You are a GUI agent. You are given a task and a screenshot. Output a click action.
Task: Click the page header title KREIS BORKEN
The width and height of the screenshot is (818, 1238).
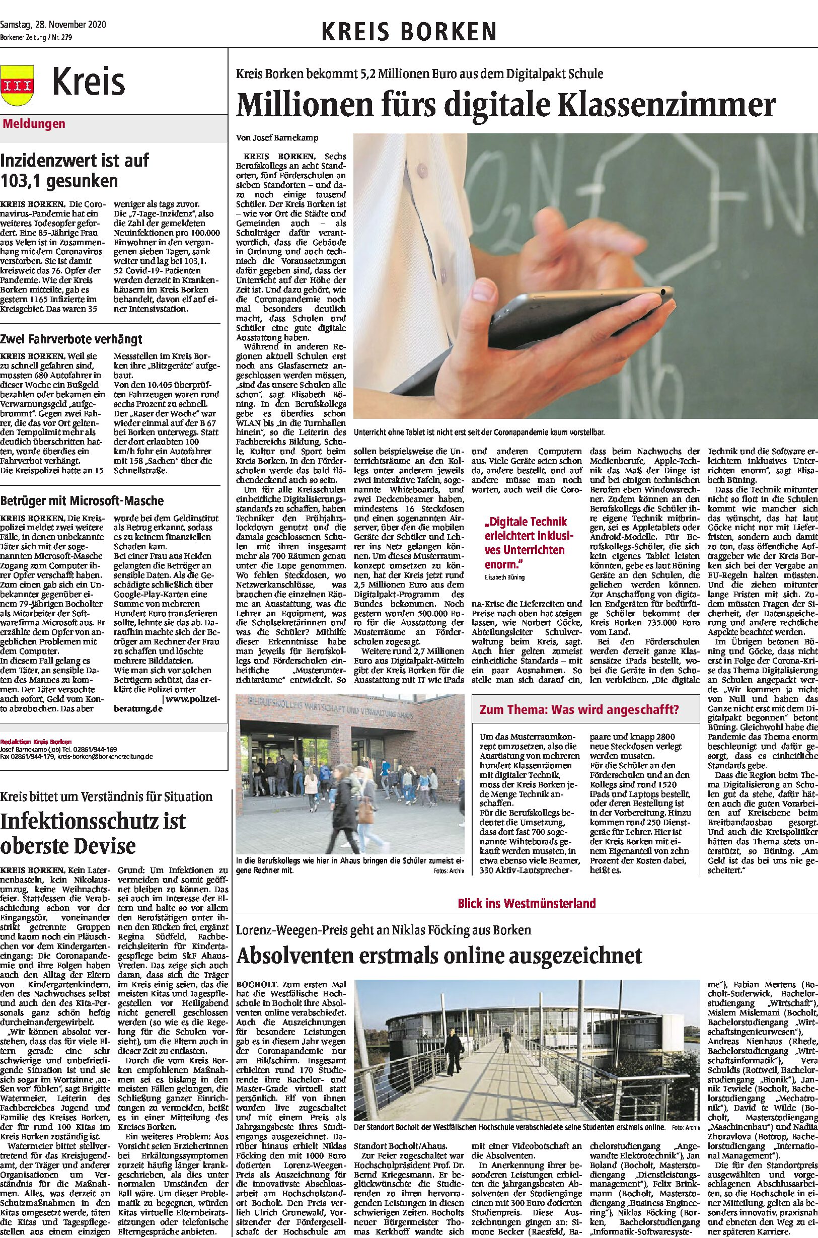408,32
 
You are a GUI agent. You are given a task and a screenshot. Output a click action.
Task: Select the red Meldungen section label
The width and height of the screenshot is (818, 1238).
34,124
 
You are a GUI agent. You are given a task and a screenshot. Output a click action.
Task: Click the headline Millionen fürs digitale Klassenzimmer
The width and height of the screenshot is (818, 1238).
505,105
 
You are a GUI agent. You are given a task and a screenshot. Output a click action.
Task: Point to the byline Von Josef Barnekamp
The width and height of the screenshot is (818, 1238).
277,138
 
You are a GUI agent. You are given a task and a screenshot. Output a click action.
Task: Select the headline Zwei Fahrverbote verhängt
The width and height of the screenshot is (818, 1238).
71,339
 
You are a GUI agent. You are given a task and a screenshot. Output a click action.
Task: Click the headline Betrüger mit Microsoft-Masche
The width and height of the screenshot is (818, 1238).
82,500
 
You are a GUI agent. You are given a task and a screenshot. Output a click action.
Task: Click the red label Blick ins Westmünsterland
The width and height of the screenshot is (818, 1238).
527,903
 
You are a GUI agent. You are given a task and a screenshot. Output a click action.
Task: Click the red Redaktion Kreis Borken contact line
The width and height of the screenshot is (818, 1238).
36,741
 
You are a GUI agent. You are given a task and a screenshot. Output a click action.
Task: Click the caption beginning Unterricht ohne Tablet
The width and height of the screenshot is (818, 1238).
479,432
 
